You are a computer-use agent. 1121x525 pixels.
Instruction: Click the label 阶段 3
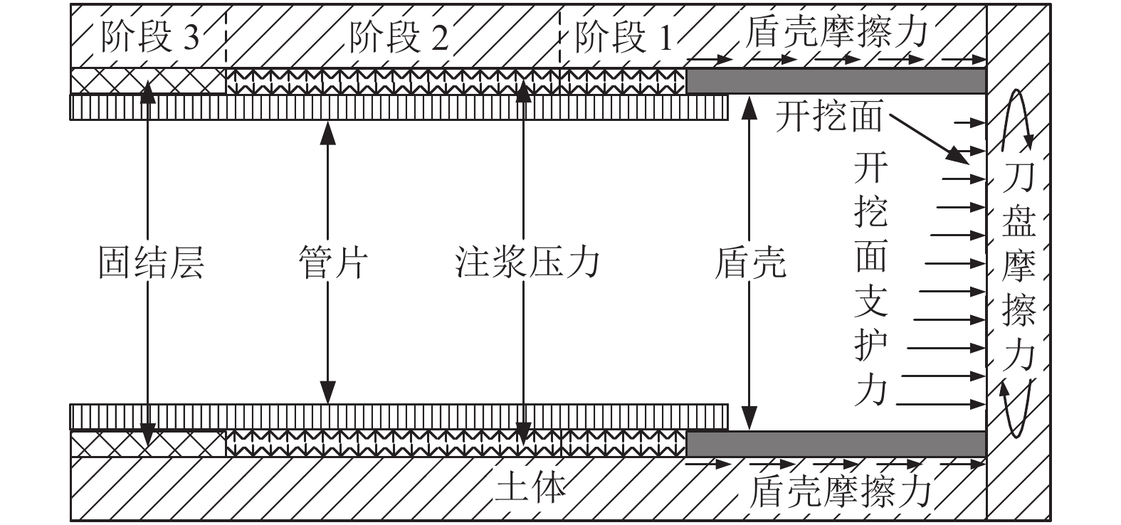(150, 38)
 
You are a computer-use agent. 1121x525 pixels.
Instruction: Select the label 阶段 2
(399, 38)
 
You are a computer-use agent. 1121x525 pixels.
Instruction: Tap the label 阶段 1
(622, 38)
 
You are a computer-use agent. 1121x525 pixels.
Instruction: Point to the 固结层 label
(150, 262)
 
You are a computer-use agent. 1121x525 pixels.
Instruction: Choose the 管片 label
(330, 262)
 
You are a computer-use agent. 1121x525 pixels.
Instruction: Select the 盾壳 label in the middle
(749, 262)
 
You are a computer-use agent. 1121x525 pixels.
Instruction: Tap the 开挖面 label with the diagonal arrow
(828, 116)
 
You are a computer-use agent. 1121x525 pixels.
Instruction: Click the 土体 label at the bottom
(531, 489)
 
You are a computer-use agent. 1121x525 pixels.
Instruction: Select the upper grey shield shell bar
(836, 81)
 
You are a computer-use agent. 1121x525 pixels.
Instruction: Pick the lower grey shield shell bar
(836, 444)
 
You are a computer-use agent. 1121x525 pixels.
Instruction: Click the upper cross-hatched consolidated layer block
(148, 81)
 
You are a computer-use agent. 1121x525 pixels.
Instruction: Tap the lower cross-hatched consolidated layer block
(148, 444)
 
